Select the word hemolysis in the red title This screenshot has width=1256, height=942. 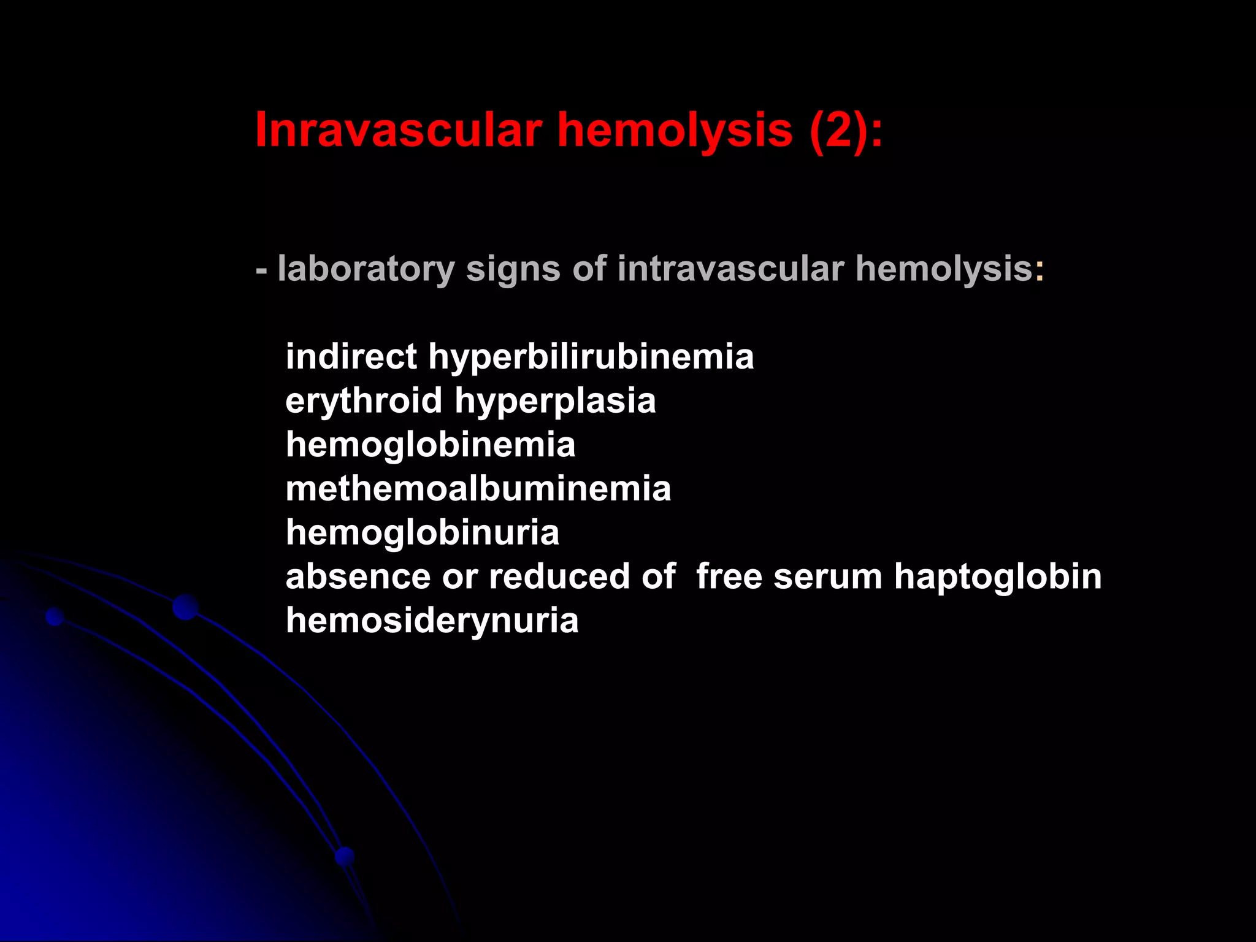pos(675,130)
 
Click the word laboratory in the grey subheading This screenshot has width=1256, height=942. pos(366,269)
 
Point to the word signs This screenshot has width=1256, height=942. pos(513,269)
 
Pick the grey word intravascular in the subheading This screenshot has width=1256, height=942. pos(730,269)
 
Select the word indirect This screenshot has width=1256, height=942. pos(351,357)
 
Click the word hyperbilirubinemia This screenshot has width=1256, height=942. pos(591,357)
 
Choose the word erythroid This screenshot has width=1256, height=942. pos(364,401)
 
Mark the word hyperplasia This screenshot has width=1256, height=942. pos(555,401)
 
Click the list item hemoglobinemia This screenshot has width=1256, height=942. pos(431,445)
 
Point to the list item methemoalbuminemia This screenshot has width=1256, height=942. pos(478,489)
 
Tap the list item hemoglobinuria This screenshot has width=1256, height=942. pos(423,532)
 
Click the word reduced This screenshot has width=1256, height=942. pos(559,576)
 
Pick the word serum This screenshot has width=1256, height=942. pos(827,576)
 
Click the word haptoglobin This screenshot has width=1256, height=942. pos(998,576)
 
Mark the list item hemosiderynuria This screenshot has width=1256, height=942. pos(432,621)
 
